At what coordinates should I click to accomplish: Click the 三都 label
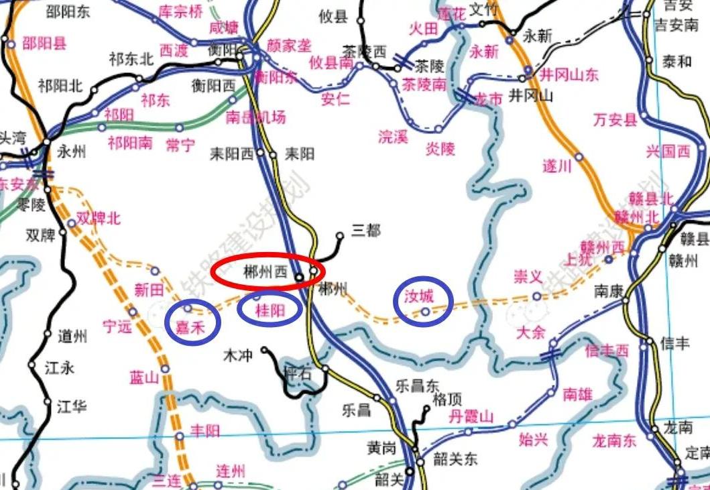[365, 231]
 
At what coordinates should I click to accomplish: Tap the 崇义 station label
[527, 276]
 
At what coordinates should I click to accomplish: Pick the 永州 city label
[72, 151]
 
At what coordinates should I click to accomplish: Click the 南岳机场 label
[255, 117]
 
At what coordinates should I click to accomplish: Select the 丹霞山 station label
[471, 416]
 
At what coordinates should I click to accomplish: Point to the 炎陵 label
[440, 148]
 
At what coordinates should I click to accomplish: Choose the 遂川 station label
[556, 166]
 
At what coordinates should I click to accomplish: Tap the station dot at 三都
[340, 235]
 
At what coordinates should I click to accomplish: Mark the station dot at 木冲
[264, 350]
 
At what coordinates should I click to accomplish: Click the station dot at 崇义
[536, 296]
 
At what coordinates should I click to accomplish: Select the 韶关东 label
[455, 459]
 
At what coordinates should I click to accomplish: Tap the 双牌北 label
[98, 219]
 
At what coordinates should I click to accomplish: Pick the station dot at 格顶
[426, 408]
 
